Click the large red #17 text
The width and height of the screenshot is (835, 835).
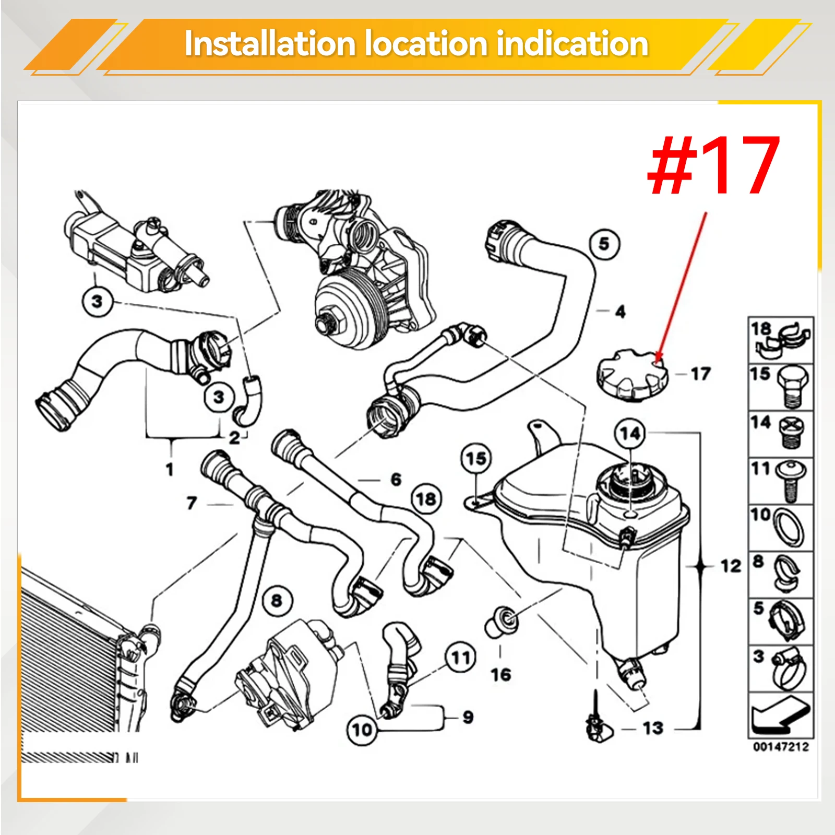click(713, 164)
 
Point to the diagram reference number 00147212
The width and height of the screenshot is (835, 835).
click(781, 747)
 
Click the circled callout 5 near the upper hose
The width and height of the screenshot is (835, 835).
click(604, 244)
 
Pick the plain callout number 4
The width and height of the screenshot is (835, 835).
click(620, 312)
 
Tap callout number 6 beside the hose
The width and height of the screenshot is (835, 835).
click(396, 480)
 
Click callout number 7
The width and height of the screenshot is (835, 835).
click(192, 503)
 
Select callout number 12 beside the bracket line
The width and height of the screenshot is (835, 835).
click(731, 566)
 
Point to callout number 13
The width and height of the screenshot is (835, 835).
click(653, 728)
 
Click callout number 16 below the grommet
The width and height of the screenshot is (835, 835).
click(501, 675)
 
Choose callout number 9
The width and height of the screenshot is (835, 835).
click(468, 718)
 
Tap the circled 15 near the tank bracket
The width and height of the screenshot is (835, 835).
click(476, 459)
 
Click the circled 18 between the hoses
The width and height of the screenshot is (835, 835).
click(426, 499)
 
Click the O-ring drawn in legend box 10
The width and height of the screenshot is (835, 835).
click(788, 527)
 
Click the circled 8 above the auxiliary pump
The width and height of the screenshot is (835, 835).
click(277, 601)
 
